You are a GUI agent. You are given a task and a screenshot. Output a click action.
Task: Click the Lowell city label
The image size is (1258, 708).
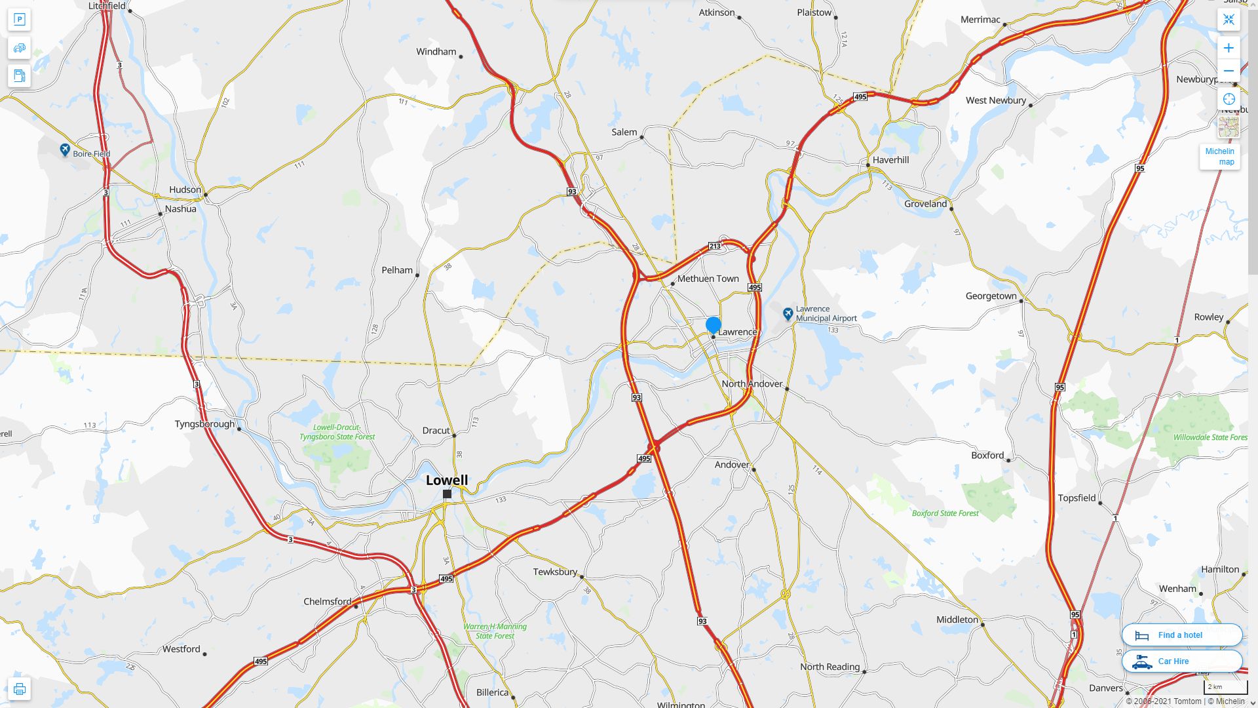(447, 480)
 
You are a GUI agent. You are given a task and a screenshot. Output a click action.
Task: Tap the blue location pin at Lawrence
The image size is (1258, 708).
(714, 324)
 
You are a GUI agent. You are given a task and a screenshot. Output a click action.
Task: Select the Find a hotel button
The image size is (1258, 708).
(1181, 635)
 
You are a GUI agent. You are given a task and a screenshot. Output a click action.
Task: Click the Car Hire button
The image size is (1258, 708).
(1181, 661)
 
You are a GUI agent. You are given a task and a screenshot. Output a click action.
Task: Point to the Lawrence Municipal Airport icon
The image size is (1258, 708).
(788, 314)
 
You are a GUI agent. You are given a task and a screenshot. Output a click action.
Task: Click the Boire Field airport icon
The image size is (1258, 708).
(65, 150)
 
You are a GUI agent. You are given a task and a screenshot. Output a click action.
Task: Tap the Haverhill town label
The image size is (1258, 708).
(890, 160)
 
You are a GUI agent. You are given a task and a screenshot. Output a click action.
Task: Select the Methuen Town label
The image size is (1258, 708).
(708, 279)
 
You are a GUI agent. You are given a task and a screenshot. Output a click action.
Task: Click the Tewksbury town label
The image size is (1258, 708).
(555, 572)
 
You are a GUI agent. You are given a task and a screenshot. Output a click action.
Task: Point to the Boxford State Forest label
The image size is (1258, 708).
(945, 513)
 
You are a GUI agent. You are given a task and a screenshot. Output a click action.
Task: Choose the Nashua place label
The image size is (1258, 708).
(180, 209)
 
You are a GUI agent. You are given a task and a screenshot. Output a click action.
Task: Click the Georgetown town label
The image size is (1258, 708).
(991, 296)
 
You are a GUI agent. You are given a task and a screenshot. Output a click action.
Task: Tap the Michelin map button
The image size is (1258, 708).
(1219, 156)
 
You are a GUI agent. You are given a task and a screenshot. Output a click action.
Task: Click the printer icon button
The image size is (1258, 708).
(20, 688)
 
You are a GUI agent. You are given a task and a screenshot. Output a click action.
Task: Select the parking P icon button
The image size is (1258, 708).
(20, 20)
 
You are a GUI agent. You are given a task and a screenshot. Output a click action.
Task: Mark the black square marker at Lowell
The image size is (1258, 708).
(447, 494)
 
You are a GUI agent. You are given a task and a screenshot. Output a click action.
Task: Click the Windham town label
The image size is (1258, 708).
(436, 52)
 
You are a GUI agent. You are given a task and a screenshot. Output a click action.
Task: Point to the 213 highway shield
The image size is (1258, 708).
(714, 246)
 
